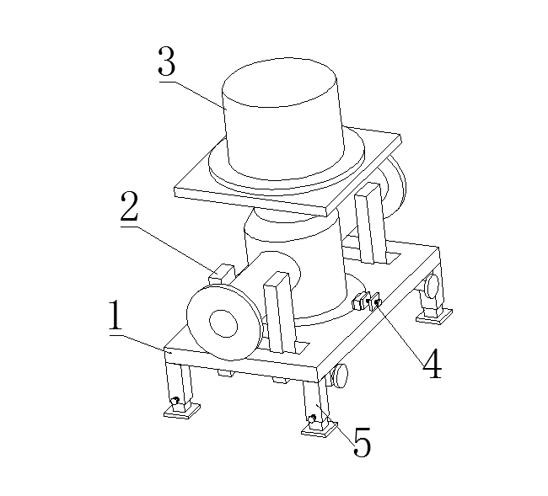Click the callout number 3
click(x=166, y=61)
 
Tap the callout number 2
click(x=129, y=206)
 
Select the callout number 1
click(x=116, y=315)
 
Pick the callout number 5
click(x=362, y=442)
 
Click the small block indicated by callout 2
click(x=221, y=275)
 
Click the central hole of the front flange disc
click(x=223, y=323)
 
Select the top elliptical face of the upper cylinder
click(x=279, y=83)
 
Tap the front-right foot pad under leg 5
click(x=320, y=429)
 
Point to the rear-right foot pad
click(x=434, y=317)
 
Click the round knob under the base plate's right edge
click(x=340, y=376)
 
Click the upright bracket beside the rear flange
click(x=370, y=223)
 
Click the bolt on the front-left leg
click(x=175, y=400)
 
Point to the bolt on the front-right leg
click(x=313, y=418)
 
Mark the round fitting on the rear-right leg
click(x=432, y=285)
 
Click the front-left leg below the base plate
click(x=179, y=384)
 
